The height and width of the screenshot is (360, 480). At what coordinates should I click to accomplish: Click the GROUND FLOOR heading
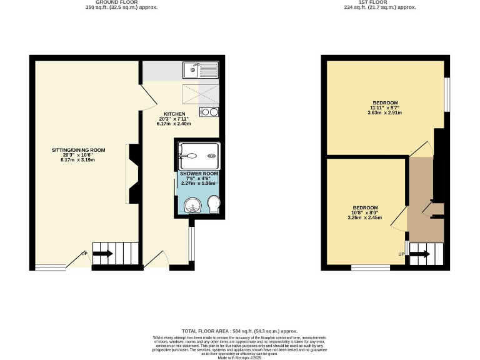click(121, 2)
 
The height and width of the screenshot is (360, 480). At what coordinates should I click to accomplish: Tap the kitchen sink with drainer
click(200, 70)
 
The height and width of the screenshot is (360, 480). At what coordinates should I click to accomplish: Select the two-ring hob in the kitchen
click(209, 112)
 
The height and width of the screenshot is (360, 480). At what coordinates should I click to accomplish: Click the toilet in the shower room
click(214, 203)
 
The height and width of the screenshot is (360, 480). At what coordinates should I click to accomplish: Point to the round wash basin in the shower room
click(193, 204)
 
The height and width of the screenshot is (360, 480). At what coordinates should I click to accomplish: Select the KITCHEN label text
click(174, 114)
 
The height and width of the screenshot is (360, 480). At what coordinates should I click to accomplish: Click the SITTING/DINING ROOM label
click(78, 150)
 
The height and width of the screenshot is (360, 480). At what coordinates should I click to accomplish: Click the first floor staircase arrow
click(421, 254)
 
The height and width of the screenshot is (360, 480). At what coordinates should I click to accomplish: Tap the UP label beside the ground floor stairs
click(83, 254)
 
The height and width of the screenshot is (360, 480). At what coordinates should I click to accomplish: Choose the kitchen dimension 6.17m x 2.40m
click(174, 124)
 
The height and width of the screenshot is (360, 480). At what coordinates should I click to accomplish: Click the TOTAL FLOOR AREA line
click(239, 331)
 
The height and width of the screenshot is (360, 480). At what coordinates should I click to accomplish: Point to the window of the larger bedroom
click(447, 95)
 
